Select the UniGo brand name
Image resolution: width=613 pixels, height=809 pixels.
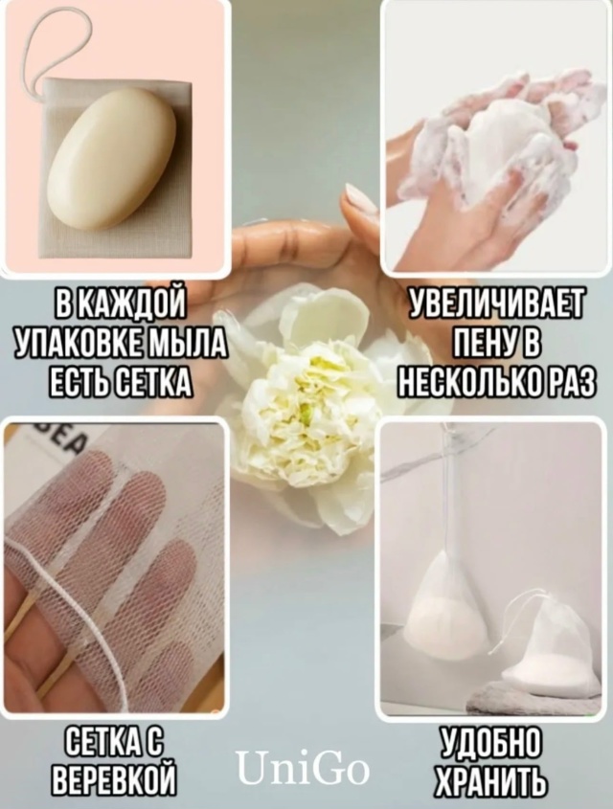[303, 767]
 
